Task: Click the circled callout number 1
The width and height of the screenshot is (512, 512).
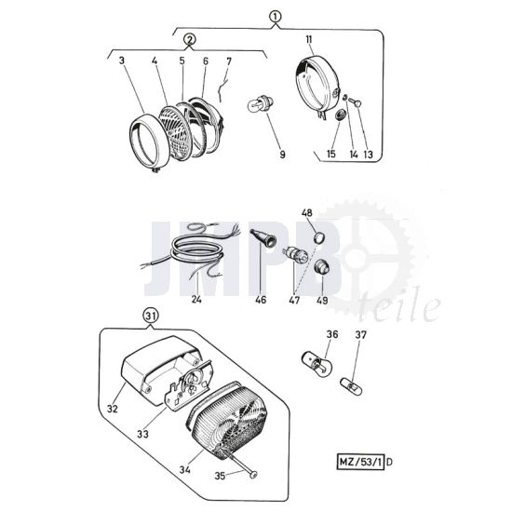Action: [x=276, y=17]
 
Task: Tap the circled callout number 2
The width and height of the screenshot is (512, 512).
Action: [x=190, y=40]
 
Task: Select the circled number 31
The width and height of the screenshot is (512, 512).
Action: [x=151, y=317]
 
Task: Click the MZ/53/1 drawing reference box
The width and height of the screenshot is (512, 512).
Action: [x=360, y=462]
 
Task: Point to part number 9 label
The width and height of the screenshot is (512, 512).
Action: [x=282, y=155]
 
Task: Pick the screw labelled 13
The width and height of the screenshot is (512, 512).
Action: [x=355, y=102]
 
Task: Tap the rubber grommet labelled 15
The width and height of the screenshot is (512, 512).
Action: [x=341, y=115]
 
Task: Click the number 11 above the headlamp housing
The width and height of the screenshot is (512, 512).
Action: [x=309, y=39]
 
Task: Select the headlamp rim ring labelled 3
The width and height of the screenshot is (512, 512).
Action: [x=150, y=141]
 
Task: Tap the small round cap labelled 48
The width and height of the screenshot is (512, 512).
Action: [x=319, y=237]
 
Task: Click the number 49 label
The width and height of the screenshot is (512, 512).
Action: [x=322, y=300]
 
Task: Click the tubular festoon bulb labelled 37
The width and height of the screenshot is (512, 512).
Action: [x=351, y=386]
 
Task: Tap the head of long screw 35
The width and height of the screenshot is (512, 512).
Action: [x=253, y=474]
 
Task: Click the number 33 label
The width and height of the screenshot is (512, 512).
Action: [x=142, y=434]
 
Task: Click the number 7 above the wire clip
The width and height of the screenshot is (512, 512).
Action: [x=229, y=61]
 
